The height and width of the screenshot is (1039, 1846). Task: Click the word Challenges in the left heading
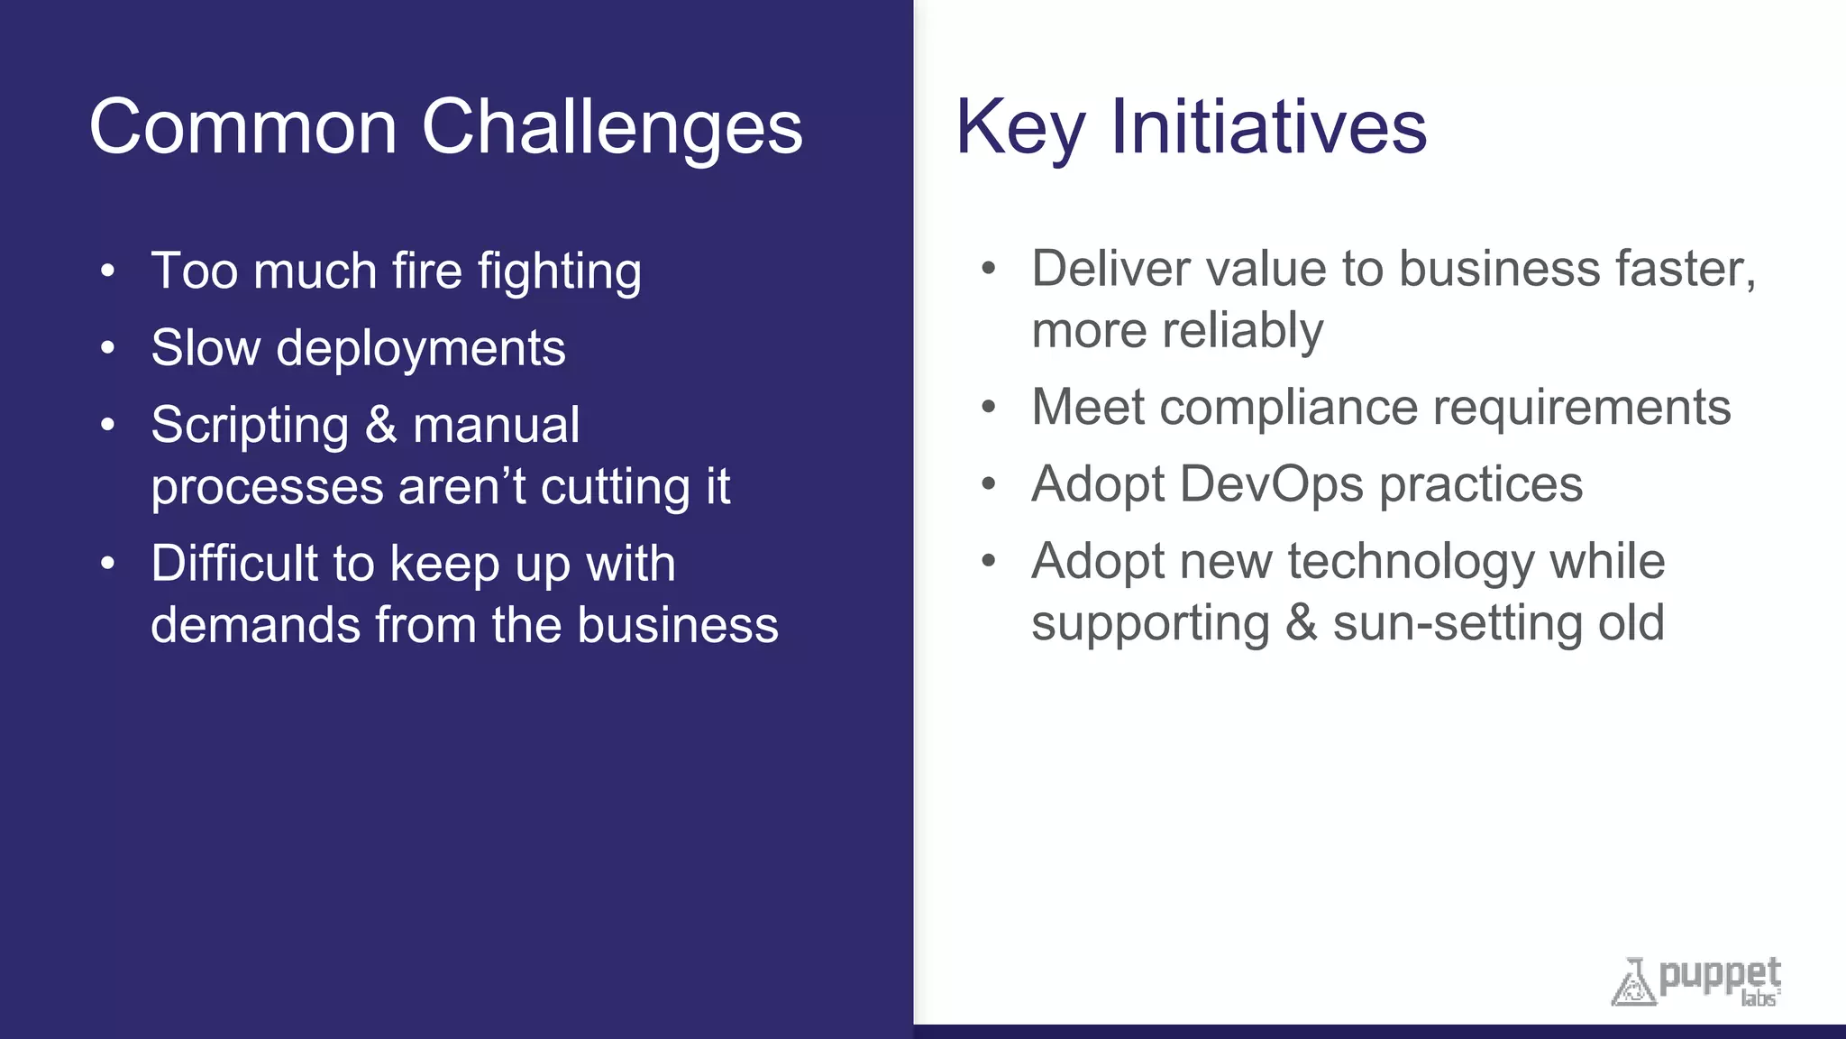click(612, 127)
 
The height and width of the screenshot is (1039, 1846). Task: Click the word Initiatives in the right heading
click(1268, 127)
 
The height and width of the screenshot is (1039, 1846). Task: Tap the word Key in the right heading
click(1020, 127)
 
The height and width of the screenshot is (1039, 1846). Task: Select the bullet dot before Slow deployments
click(108, 347)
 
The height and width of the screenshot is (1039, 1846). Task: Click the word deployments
click(421, 348)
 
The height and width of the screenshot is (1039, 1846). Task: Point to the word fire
click(427, 271)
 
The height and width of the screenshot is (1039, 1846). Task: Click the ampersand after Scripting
click(381, 425)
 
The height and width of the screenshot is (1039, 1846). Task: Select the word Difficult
click(233, 564)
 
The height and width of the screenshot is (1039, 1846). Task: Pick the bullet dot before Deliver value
click(989, 268)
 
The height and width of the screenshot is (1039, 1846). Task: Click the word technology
click(1410, 561)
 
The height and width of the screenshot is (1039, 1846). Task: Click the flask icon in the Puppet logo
click(1633, 983)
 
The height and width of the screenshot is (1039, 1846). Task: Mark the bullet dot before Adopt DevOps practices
click(989, 484)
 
